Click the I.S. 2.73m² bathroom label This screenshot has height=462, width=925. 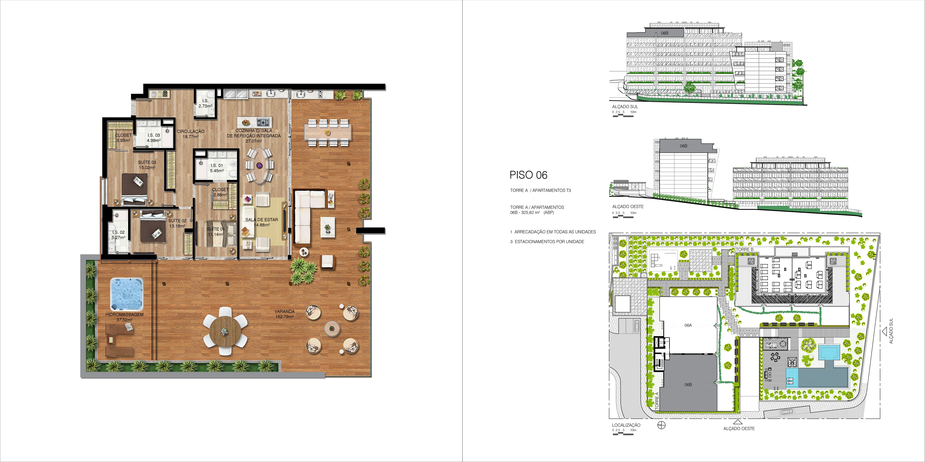205,103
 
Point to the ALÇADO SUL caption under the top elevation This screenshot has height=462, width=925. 625,107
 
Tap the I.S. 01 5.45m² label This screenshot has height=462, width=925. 217,168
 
